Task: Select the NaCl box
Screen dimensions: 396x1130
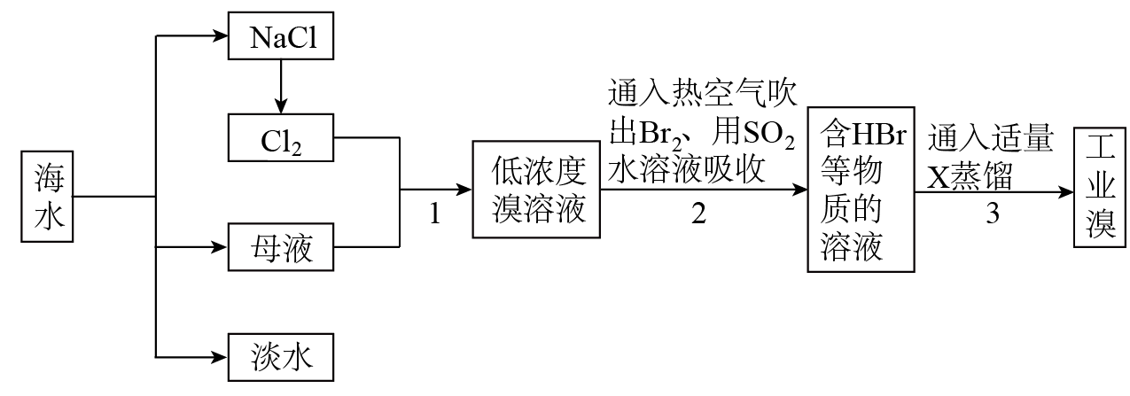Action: (x=280, y=38)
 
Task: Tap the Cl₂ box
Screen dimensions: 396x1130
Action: (x=280, y=138)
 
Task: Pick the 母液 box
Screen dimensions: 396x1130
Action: (x=280, y=248)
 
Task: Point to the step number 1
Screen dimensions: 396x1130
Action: (x=434, y=214)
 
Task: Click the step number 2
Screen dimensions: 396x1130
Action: (x=699, y=214)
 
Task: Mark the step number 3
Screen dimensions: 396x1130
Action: (x=993, y=214)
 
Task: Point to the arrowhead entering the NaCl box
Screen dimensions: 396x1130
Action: (x=221, y=37)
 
